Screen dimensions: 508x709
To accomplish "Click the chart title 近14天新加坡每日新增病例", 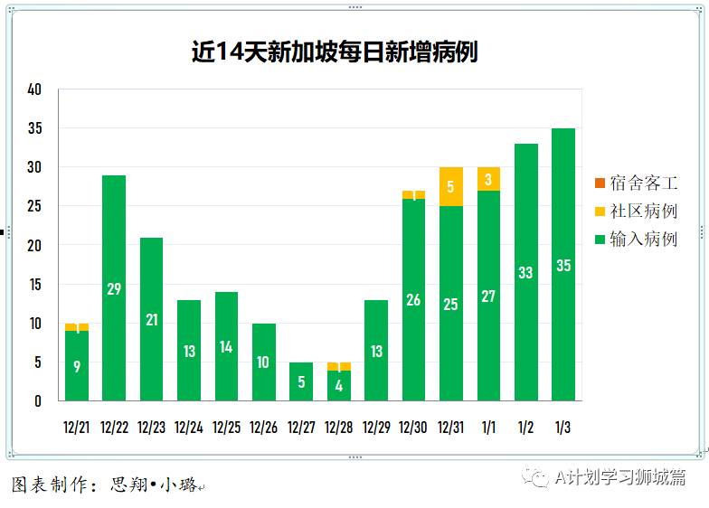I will pyautogui.click(x=334, y=52).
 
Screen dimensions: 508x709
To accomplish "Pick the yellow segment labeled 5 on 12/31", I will pyautogui.click(x=451, y=187).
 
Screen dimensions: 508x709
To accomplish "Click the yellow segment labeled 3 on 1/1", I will pyautogui.click(x=488, y=179).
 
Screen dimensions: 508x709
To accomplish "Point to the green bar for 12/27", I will pyautogui.click(x=301, y=382).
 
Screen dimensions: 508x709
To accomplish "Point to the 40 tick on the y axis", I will pyautogui.click(x=35, y=89).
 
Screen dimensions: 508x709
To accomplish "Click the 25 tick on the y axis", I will pyautogui.click(x=35, y=206).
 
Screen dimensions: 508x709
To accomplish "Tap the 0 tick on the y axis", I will pyautogui.click(x=38, y=401).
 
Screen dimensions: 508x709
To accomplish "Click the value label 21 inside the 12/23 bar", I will pyautogui.click(x=151, y=320).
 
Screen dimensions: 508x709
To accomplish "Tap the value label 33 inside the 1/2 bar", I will pyautogui.click(x=525, y=272).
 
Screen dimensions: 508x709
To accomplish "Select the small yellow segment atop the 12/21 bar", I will pyautogui.click(x=77, y=327).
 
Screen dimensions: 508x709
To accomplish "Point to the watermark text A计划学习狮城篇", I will pyautogui.click(x=619, y=477).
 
